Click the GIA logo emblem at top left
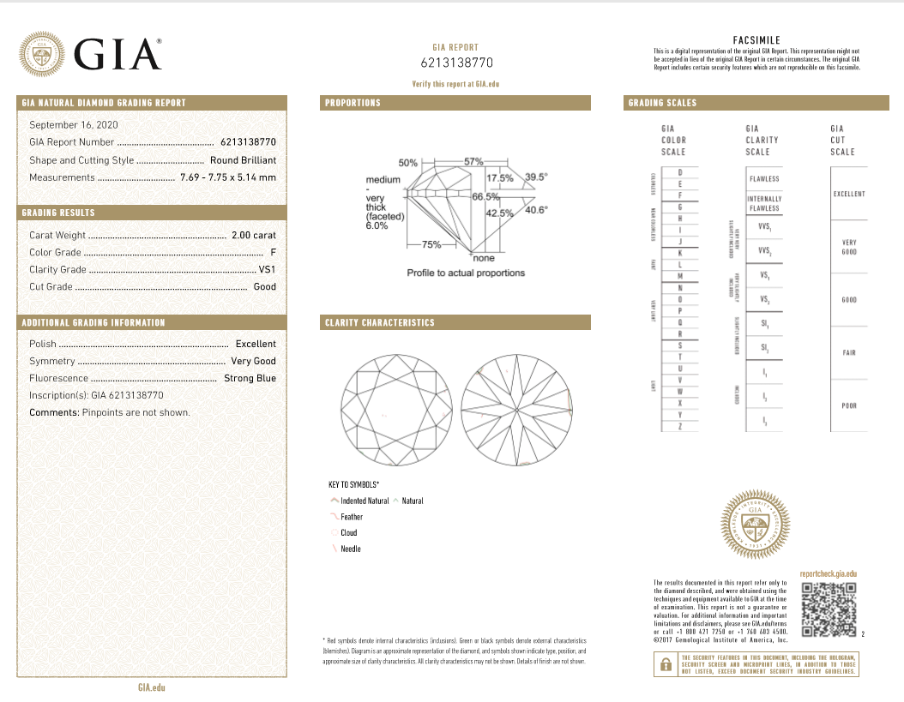pos(43,53)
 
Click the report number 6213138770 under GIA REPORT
pos(456,63)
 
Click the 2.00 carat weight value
pos(254,235)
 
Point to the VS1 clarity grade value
pos(267,269)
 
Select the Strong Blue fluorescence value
pos(250,378)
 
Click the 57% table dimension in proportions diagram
pos(473,162)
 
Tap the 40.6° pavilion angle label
pos(536,210)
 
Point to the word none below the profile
pos(484,258)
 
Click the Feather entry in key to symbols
pos(351,517)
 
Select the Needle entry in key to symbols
pos(350,549)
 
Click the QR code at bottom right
pos(829,609)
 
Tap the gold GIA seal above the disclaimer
pos(755,520)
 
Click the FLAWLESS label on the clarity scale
pos(764,179)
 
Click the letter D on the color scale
pos(679,174)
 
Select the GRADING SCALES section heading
pos(662,103)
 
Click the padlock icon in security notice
pos(665,664)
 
